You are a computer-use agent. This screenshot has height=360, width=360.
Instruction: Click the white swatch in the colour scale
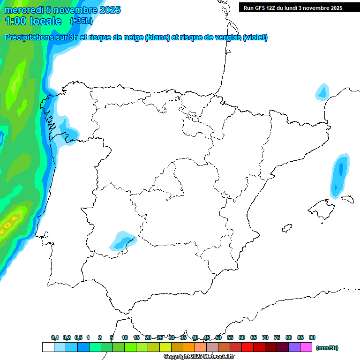coord(48,347)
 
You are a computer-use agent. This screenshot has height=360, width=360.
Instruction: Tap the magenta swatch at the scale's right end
coord(306,347)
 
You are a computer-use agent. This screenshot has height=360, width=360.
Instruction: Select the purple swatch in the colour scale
coord(294,347)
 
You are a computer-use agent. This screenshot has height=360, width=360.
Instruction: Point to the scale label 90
coord(312,337)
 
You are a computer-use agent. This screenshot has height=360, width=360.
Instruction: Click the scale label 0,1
coord(55,337)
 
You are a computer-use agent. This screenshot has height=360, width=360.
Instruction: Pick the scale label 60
coord(242,337)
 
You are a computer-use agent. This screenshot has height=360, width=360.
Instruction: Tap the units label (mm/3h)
coord(327,348)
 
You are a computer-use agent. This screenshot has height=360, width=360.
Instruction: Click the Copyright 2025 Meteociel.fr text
coord(199,357)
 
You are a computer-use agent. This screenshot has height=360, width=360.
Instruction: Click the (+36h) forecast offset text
coord(81,21)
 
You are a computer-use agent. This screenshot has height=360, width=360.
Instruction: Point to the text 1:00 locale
coord(33,21)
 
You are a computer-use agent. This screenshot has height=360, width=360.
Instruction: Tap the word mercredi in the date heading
coord(22,10)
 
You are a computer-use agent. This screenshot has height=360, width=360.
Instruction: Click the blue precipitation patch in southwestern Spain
coord(122,240)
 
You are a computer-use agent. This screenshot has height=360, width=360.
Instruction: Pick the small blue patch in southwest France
coord(322,91)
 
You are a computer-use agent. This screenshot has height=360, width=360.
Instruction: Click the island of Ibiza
coord(286,228)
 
